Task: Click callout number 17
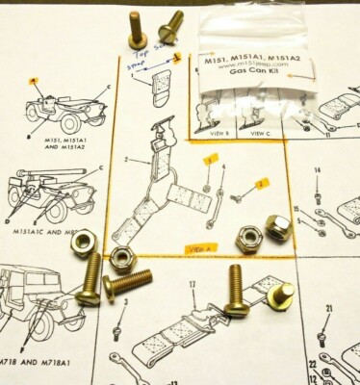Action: point(193,284)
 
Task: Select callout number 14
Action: point(318,170)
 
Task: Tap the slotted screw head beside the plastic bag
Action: point(174,22)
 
